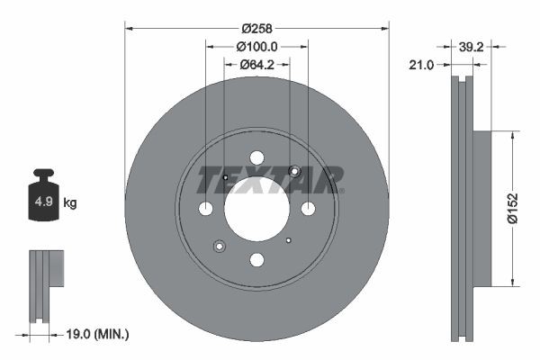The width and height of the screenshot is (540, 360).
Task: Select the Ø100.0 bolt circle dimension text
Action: pyautogui.click(x=256, y=46)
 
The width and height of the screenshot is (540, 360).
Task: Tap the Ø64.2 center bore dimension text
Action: pyautogui.click(x=256, y=64)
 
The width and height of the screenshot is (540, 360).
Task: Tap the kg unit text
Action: pyautogui.click(x=70, y=203)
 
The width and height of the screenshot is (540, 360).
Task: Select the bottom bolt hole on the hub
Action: pyautogui.click(x=256, y=260)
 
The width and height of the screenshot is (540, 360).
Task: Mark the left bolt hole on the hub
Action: pyautogui.click(x=205, y=209)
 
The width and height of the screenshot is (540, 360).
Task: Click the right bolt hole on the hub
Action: pyautogui.click(x=308, y=209)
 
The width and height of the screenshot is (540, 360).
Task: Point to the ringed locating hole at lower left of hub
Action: pyautogui.click(x=220, y=246)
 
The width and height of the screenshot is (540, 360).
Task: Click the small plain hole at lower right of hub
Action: pyautogui.click(x=288, y=240)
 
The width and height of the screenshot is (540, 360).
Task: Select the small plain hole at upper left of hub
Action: pyautogui.click(x=225, y=177)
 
